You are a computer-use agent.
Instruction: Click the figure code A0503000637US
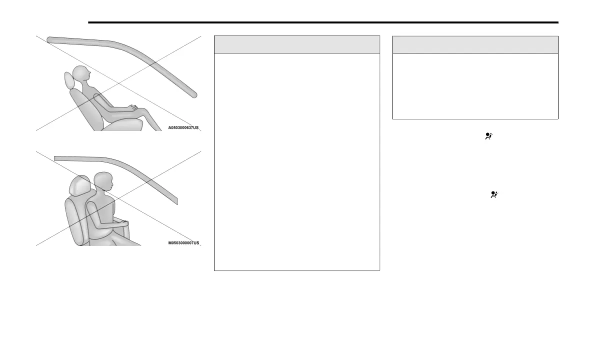coord(183,127)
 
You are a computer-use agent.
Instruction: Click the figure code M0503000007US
coord(183,243)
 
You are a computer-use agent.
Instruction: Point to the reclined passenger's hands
coord(131,107)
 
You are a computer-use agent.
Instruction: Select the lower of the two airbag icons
coord(494,195)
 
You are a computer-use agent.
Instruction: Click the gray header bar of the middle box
coord(296,44)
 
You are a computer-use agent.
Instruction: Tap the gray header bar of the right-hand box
coord(475,44)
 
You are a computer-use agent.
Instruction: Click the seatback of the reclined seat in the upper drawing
coord(80,107)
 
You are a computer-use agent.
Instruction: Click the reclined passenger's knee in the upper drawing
coord(144,110)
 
